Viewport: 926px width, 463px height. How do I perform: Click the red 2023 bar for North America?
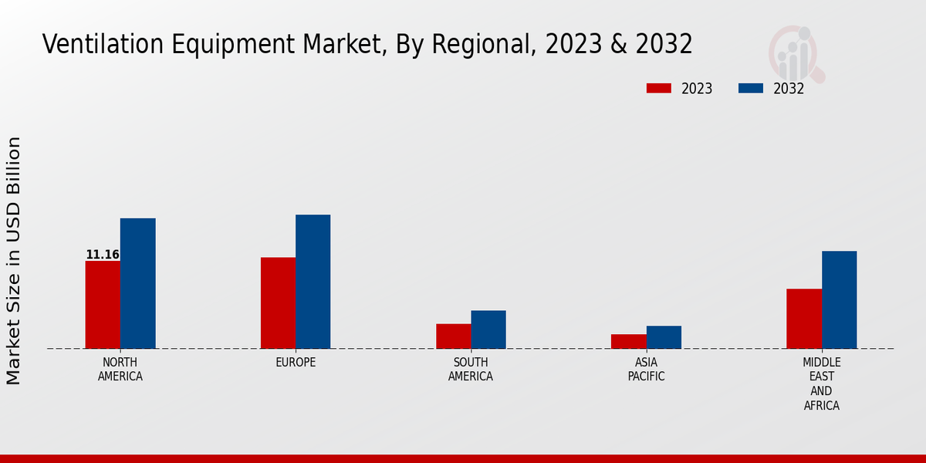[103, 305]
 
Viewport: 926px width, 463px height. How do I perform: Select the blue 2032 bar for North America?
[137, 283]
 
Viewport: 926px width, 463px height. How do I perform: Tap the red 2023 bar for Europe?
[278, 302]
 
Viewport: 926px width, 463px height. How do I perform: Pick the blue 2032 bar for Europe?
[313, 282]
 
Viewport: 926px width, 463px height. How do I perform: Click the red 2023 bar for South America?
[453, 336]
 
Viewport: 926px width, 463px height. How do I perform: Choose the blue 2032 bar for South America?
[488, 330]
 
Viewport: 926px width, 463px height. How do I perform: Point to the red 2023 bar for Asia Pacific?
[628, 341]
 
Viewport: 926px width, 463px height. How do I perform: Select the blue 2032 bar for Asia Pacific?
[664, 337]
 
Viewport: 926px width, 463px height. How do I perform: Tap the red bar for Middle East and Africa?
[804, 319]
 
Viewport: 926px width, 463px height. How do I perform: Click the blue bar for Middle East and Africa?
[839, 299]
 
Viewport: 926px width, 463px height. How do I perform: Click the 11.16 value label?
[102, 255]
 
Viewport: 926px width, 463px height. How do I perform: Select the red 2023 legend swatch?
[659, 89]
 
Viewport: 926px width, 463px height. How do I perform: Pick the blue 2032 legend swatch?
[751, 89]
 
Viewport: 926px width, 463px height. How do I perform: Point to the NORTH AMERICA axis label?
[120, 370]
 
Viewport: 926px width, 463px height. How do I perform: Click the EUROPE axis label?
[296, 363]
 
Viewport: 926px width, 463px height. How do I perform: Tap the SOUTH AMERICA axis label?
[471, 370]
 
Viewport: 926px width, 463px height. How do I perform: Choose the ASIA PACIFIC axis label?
[646, 370]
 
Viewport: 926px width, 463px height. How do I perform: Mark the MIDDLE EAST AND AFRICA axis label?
[822, 384]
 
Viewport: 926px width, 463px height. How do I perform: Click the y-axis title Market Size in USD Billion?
[14, 261]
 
